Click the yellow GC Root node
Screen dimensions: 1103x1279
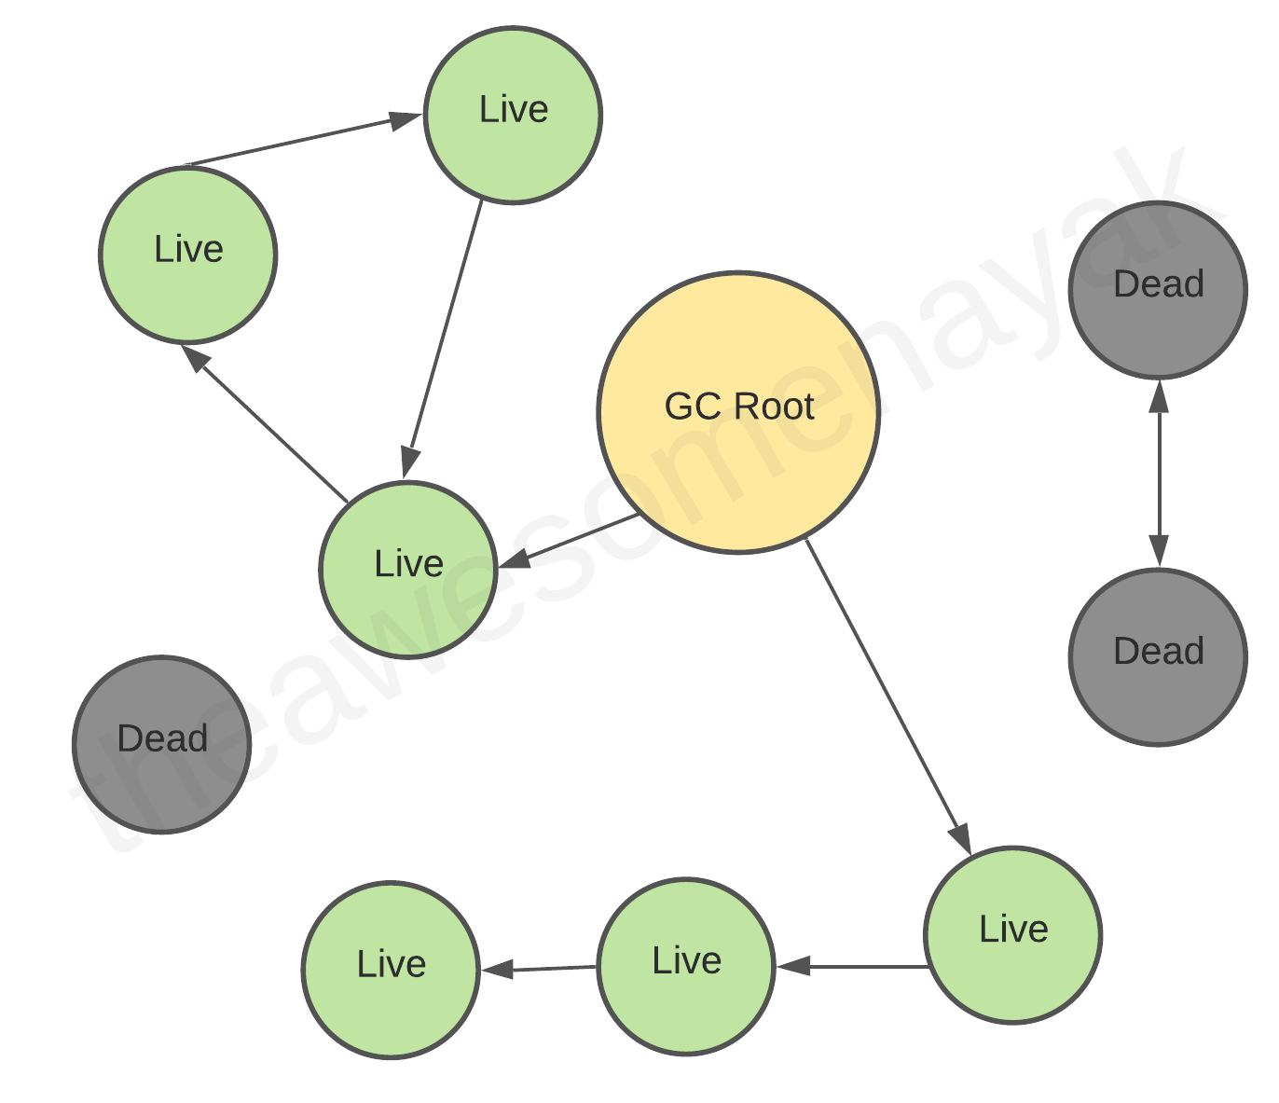click(x=738, y=412)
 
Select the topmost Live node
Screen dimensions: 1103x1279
click(x=513, y=115)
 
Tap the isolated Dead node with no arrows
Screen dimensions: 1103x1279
click(x=162, y=744)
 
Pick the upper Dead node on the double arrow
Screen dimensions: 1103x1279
click(x=1158, y=290)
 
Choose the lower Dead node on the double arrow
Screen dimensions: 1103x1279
click(x=1158, y=656)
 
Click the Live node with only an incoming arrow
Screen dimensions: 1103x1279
click(x=391, y=970)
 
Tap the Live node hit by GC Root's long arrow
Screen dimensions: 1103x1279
click(x=1013, y=934)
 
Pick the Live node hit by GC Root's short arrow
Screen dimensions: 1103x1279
click(x=408, y=569)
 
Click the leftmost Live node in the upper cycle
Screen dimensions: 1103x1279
click(x=188, y=255)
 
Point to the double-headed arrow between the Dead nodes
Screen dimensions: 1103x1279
click(x=1159, y=474)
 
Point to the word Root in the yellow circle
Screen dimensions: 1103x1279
click(x=774, y=407)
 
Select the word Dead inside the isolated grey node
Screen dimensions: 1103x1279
click(x=162, y=738)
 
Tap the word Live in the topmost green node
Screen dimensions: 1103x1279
click(x=514, y=109)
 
